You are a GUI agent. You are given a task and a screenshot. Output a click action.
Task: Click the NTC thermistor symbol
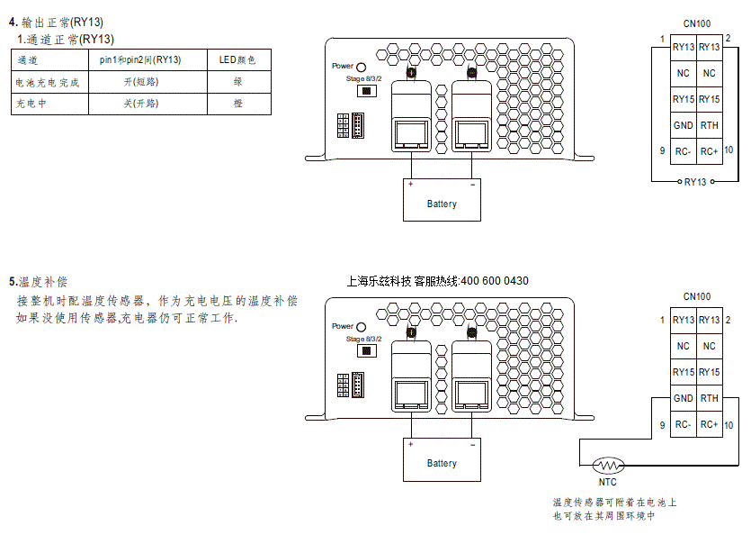(608, 465)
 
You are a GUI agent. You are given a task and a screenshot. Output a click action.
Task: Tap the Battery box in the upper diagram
(442, 200)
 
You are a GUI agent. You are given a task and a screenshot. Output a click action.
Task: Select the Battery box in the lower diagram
(442, 459)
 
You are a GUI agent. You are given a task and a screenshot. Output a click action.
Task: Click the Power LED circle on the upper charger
(362, 68)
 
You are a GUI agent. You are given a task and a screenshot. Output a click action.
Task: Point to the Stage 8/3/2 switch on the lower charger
(367, 350)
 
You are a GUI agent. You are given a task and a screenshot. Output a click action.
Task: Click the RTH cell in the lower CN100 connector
(710, 398)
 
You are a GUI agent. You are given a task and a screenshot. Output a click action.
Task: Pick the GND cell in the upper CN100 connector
(683, 125)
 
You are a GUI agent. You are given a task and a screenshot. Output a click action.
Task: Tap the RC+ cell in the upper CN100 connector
(710, 151)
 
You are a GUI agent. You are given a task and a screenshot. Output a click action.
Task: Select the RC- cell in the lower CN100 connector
(683, 424)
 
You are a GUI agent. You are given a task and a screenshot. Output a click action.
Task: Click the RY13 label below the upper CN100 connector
(695, 182)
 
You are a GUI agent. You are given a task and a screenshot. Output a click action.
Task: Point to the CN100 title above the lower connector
(697, 296)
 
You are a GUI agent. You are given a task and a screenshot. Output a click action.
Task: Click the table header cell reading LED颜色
(239, 60)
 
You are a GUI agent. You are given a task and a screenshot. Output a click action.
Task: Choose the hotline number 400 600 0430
(495, 281)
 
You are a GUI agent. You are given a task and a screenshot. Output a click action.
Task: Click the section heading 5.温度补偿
(39, 282)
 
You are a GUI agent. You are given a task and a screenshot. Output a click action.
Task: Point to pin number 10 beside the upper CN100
(729, 150)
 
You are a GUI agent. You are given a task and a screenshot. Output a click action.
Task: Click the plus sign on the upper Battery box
(410, 185)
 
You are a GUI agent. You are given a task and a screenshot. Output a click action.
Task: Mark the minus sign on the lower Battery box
(473, 445)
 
